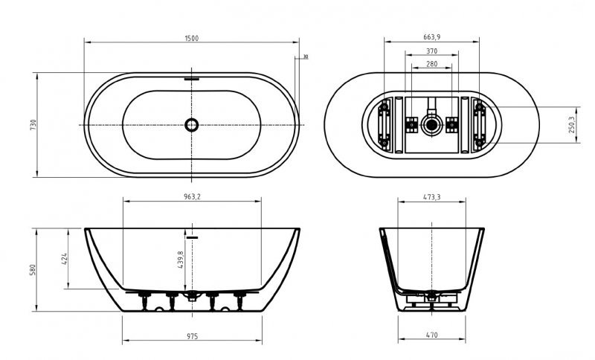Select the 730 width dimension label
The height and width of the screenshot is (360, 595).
33,124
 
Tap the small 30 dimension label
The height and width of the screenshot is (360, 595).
305,57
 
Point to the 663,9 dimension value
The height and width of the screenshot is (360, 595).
432,36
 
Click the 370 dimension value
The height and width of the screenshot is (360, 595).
432,51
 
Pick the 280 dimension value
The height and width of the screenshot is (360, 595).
432,65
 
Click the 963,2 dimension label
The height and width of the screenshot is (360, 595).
192,197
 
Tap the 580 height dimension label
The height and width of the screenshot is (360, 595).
33,269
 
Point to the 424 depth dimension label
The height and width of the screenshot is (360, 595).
65,258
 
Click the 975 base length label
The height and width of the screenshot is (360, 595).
192,335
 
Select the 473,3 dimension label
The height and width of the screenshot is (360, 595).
432,197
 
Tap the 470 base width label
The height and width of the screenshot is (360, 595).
432,335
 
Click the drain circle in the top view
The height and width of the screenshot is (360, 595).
192,124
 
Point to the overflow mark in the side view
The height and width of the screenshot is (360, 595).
193,237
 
